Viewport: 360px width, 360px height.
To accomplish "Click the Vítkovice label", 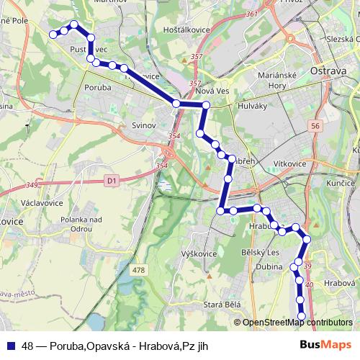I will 289,164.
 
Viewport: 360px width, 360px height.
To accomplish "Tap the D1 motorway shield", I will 110,181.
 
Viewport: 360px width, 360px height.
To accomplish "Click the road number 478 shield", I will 138,270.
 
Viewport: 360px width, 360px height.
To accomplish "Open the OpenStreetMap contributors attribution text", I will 297,323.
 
